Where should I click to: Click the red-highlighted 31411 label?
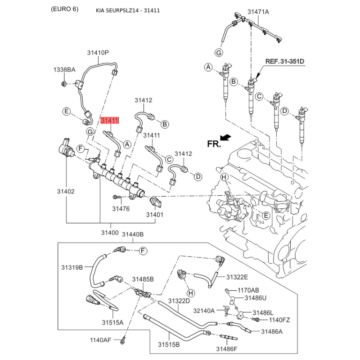point(109,121)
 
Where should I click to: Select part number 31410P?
point(98,53)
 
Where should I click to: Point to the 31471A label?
point(258,12)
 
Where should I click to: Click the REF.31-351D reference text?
point(285,61)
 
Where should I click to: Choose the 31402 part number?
point(65,191)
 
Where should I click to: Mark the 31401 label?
point(154,215)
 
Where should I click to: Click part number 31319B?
point(72,267)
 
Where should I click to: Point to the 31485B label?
point(143,279)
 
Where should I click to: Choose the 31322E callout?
point(237,277)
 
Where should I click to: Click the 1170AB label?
point(248,290)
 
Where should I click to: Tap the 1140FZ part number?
point(279,320)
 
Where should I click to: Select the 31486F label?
point(227,349)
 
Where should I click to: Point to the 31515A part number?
point(112,322)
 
